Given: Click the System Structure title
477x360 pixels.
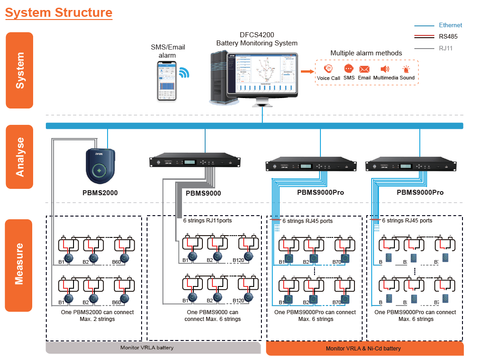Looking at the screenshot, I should (x=59, y=12).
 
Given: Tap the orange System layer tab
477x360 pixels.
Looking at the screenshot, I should (x=20, y=70).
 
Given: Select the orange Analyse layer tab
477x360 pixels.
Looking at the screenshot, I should (x=20, y=157).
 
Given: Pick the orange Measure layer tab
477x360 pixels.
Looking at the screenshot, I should (x=20, y=265).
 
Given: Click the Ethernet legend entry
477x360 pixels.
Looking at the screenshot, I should (x=450, y=25).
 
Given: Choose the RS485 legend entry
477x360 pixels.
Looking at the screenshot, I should (x=448, y=37).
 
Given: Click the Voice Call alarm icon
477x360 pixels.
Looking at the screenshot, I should (x=328, y=69).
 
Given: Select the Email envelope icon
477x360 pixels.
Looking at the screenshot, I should (x=364, y=69).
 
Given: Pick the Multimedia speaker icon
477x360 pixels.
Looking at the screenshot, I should (x=385, y=69).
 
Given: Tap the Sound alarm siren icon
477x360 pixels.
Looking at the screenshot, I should (x=407, y=69).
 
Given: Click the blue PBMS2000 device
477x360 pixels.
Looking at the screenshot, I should (x=102, y=166).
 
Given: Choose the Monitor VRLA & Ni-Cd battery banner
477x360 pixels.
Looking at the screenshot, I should (x=364, y=348).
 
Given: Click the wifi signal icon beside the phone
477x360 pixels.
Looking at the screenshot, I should (x=184, y=73).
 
